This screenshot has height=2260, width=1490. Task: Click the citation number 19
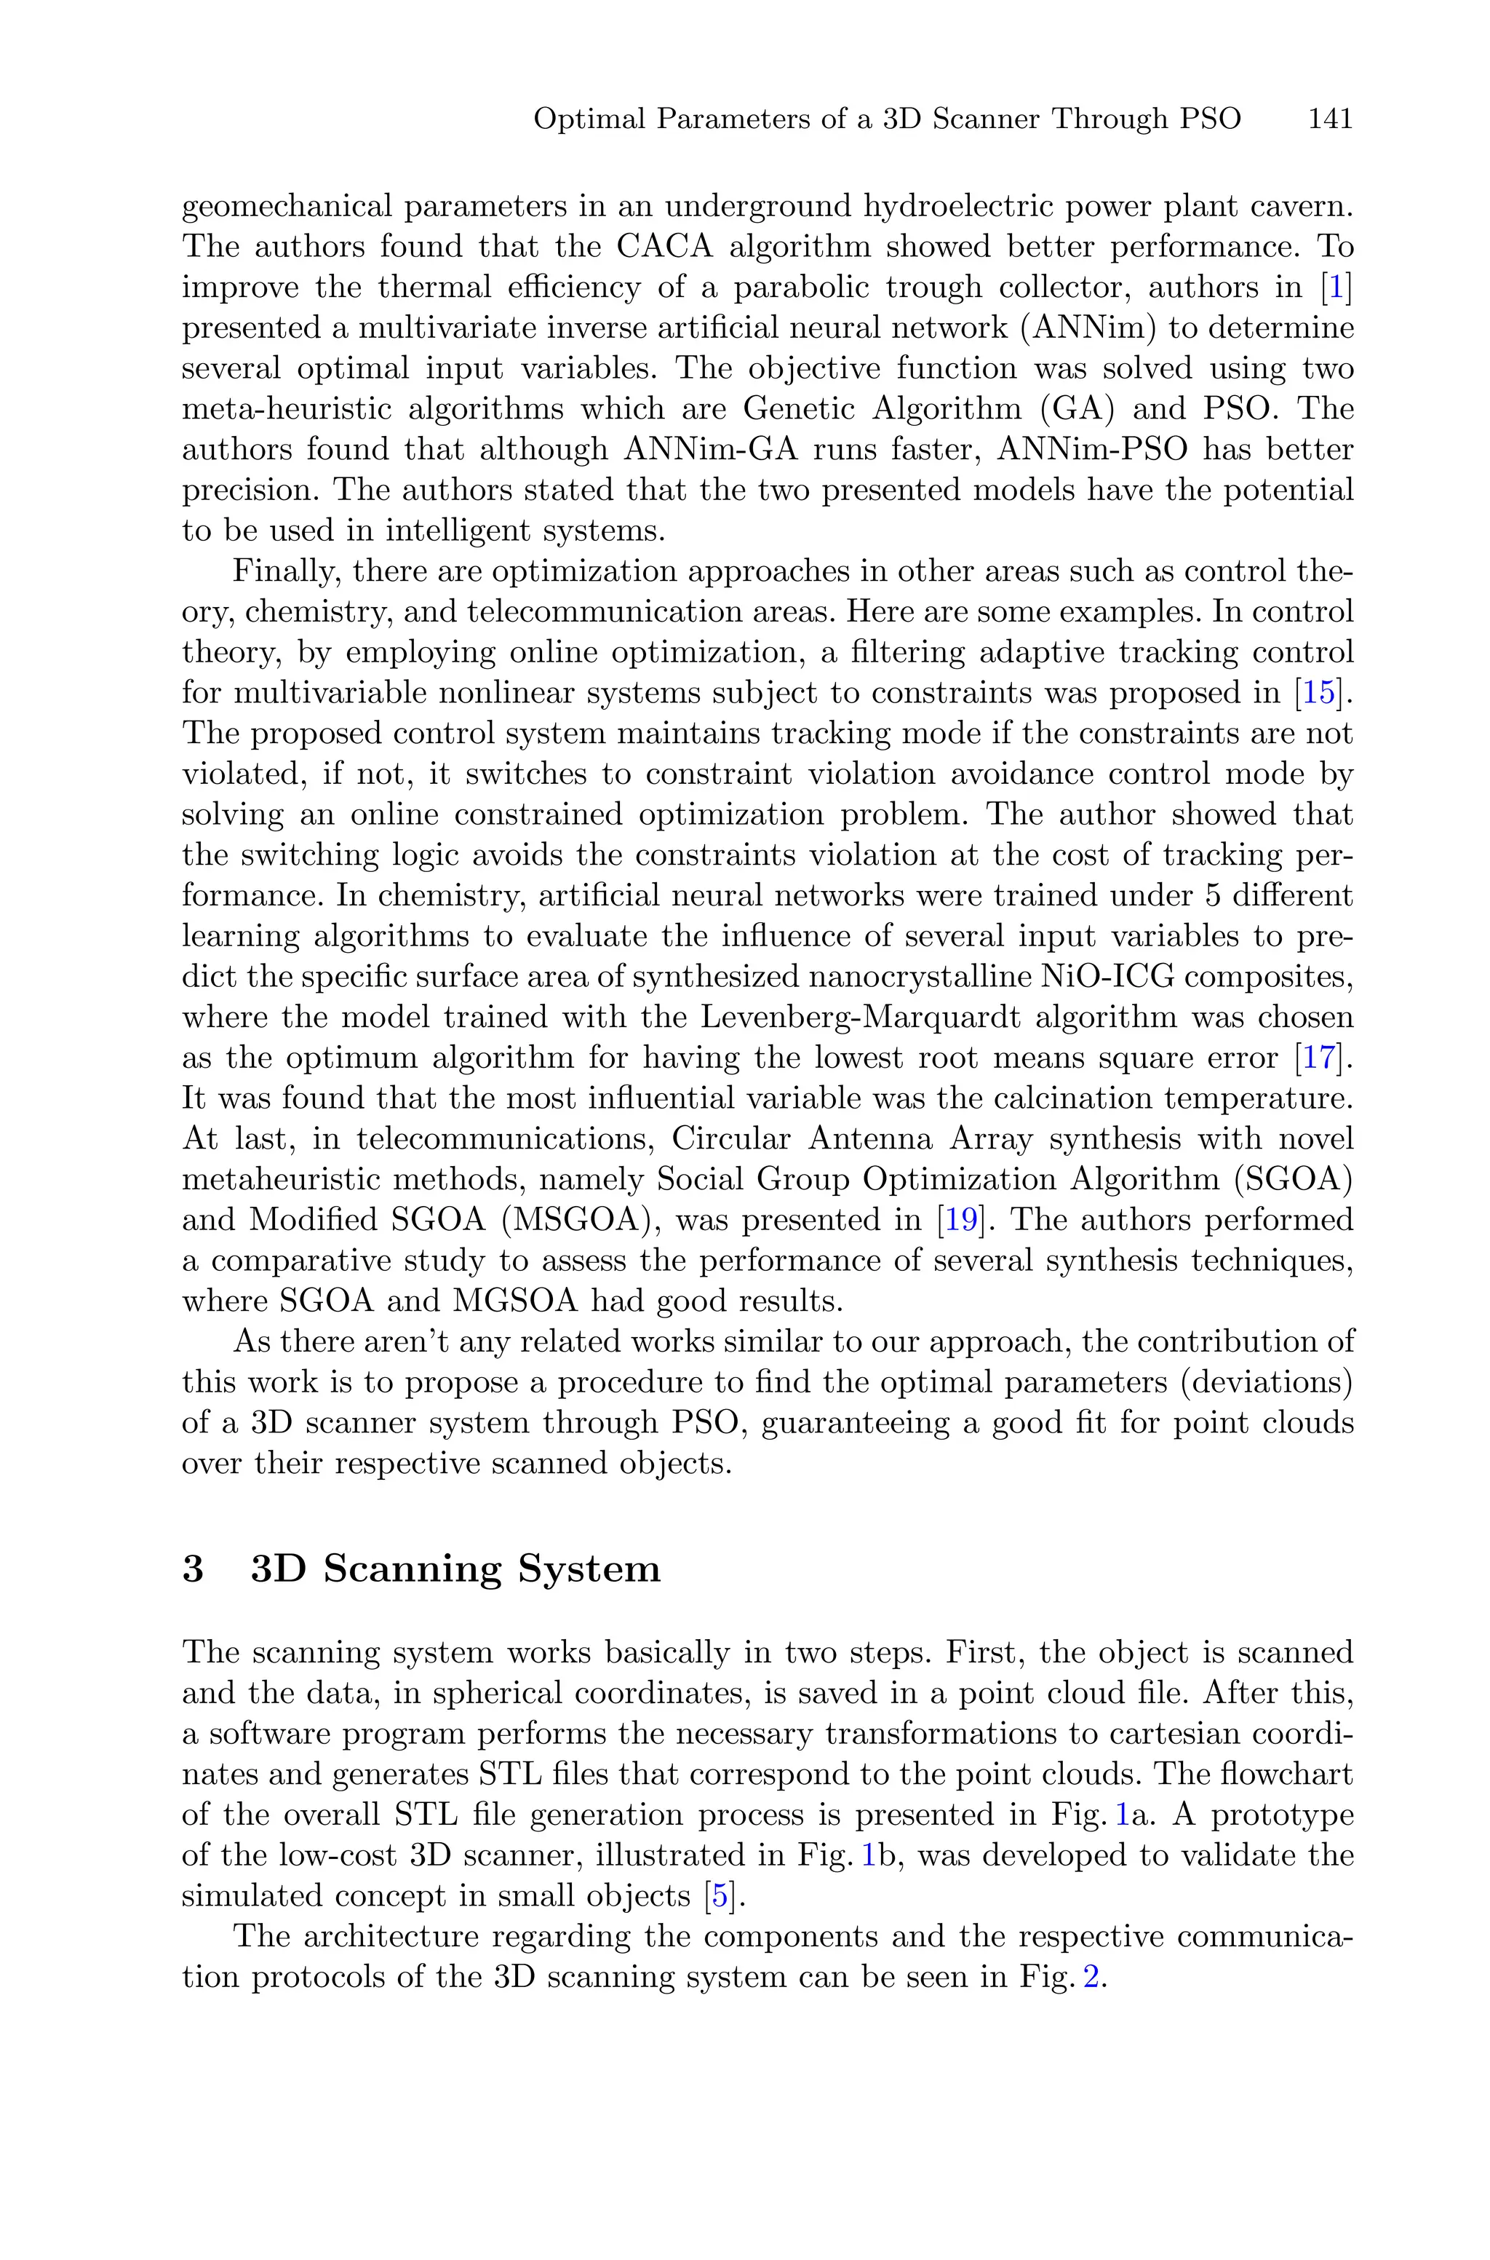pos(959,1221)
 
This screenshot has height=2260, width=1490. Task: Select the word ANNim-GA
pos(698,450)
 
